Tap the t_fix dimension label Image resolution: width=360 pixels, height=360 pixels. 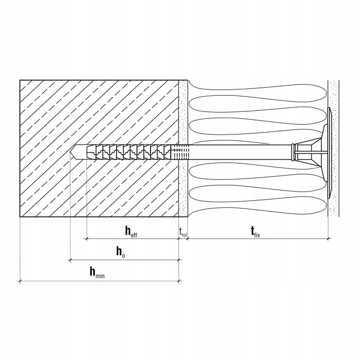tap(255, 232)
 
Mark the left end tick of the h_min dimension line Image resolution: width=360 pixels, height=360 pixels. tap(20, 281)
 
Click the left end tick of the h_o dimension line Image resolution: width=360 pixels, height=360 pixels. tap(71, 260)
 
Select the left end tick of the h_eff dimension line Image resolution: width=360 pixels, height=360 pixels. tap(86, 238)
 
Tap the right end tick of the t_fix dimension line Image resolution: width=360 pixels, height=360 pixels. tap(328, 238)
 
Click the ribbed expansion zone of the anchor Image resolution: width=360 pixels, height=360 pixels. tap(130, 153)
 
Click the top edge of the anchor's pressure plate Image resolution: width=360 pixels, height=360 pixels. tap(329, 110)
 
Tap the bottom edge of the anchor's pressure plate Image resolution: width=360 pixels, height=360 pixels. tap(329, 196)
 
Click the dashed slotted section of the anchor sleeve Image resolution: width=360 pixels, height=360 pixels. tap(178, 153)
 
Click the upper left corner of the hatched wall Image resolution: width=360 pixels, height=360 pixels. tap(20, 81)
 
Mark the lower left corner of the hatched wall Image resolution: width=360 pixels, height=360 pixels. tap(20, 216)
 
